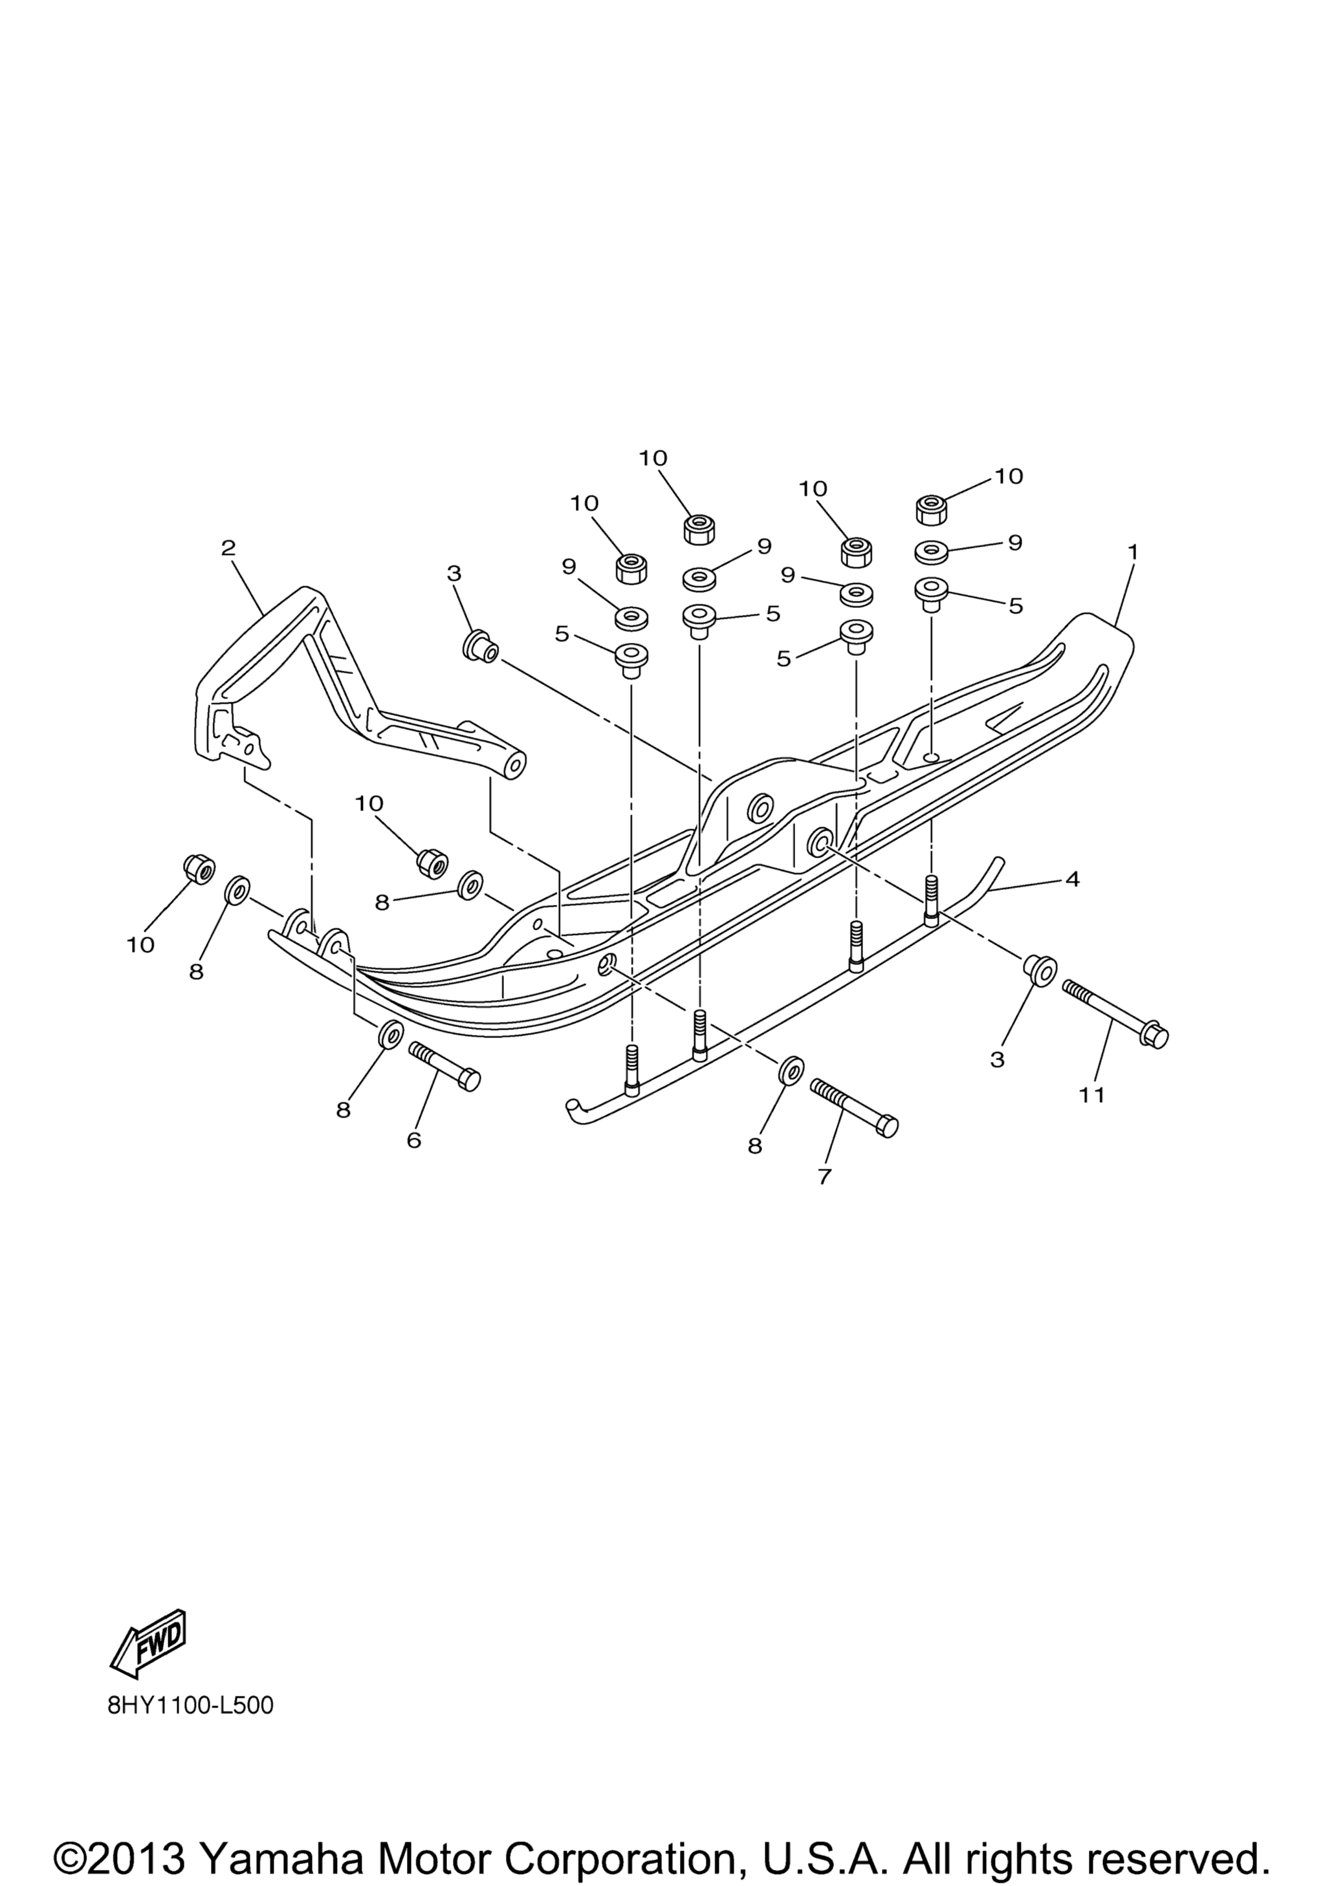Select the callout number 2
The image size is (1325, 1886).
coord(228,548)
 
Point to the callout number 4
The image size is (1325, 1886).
coord(1072,880)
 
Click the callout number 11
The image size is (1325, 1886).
coord(1093,1095)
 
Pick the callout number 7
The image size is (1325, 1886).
coord(825,1177)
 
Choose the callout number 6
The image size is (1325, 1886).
coord(414,1140)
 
